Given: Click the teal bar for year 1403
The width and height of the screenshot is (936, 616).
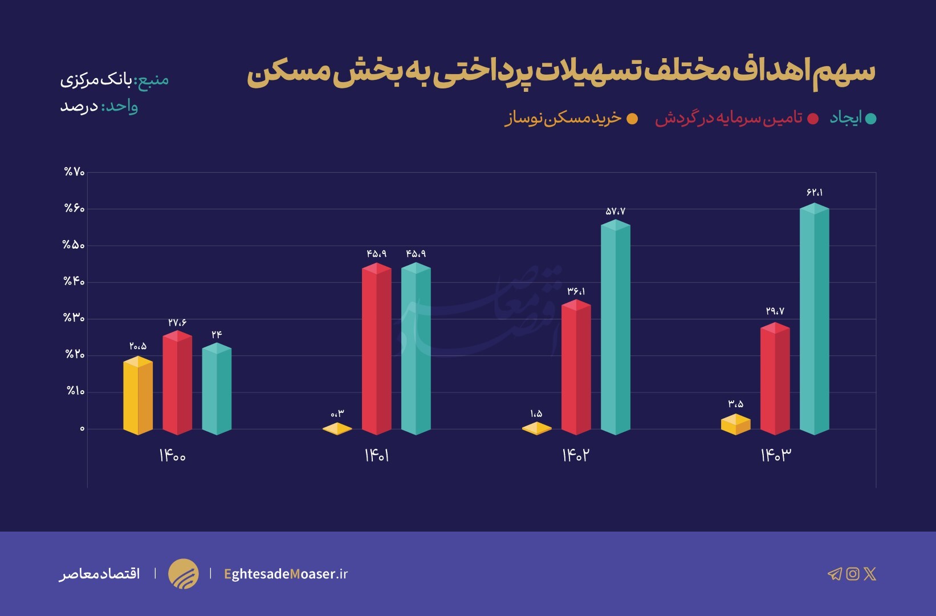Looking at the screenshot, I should click(x=814, y=319).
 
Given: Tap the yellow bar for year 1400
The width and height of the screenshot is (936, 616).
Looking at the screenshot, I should click(x=138, y=396).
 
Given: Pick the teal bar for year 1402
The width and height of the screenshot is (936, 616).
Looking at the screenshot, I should click(x=616, y=327).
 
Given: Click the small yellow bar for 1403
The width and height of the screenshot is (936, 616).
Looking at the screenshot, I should click(x=735, y=424).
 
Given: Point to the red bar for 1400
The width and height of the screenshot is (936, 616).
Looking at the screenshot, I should click(x=177, y=383).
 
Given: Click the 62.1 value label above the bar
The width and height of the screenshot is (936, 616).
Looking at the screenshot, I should click(x=815, y=193).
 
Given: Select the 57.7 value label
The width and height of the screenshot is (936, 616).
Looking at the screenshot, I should click(x=616, y=212).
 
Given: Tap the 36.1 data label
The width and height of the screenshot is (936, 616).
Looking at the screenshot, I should click(x=576, y=291).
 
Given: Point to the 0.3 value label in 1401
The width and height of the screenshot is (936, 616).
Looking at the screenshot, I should click(x=337, y=414).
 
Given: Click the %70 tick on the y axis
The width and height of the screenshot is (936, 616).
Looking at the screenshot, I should click(x=74, y=172).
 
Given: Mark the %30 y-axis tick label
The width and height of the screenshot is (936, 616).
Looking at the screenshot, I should click(x=74, y=318).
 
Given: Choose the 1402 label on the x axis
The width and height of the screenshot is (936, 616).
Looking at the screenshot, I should click(x=576, y=455).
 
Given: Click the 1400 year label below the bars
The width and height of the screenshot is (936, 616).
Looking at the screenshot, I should click(x=172, y=456).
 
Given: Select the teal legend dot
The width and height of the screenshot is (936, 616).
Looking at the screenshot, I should click(x=870, y=119).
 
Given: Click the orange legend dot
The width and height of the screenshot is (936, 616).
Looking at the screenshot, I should click(x=632, y=119).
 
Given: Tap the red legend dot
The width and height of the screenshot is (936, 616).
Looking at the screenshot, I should click(x=813, y=119).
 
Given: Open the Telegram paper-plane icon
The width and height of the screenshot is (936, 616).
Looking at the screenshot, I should click(x=835, y=574).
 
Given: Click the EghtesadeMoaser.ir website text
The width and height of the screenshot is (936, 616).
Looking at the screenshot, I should click(x=286, y=574).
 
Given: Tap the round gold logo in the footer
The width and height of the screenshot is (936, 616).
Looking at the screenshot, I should click(x=184, y=574).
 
